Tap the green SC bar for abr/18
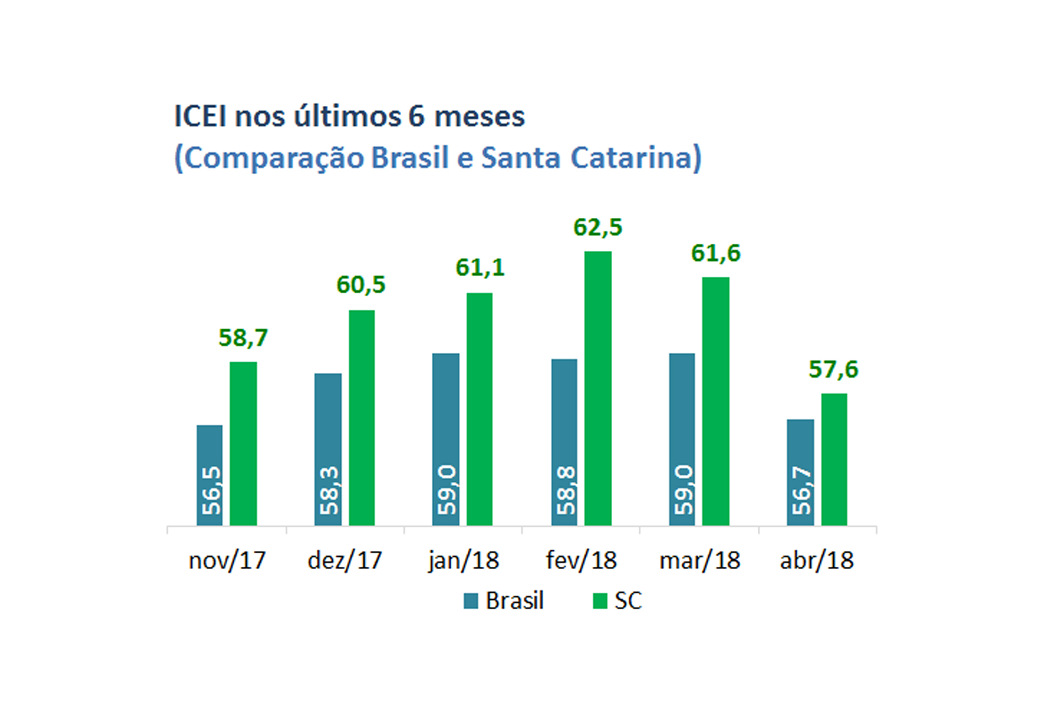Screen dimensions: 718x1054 (x=833, y=459)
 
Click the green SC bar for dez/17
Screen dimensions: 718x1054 (x=361, y=417)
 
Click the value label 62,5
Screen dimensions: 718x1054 (x=597, y=227)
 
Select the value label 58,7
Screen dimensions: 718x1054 (x=243, y=337)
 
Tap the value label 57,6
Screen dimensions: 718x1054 (x=833, y=369)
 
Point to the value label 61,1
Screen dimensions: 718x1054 (x=479, y=267)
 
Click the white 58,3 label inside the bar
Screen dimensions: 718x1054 (x=329, y=490)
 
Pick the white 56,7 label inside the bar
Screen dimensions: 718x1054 (x=801, y=490)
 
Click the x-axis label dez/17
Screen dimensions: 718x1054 (x=345, y=560)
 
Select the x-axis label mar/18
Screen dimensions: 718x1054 (x=699, y=560)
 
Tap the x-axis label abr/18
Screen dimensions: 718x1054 (x=816, y=560)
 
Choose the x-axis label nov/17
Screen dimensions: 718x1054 (x=227, y=560)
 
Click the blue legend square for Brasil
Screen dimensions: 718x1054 (x=470, y=601)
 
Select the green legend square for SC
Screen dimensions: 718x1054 (x=600, y=601)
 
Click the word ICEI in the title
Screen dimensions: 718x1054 (x=200, y=116)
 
